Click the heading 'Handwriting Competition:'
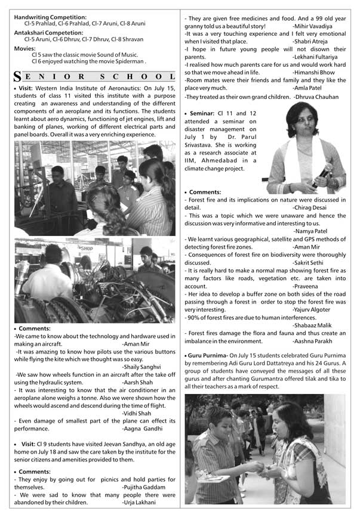coord(50,18)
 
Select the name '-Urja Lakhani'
coord(140,502)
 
